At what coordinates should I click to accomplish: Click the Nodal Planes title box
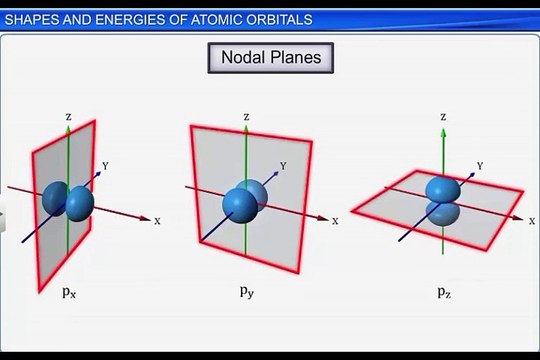pyautogui.click(x=270, y=57)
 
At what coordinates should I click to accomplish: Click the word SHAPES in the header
pyautogui.click(x=31, y=19)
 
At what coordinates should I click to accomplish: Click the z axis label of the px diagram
pyautogui.click(x=68, y=116)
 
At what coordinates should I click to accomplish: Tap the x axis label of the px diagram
pyautogui.click(x=157, y=220)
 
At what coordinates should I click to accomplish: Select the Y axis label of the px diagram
pyautogui.click(x=105, y=167)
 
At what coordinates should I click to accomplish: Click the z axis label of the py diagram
pyautogui.click(x=246, y=117)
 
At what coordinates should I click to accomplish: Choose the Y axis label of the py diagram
pyautogui.click(x=284, y=166)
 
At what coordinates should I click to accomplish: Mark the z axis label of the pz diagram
pyautogui.click(x=443, y=117)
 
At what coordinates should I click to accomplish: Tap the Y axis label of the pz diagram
pyautogui.click(x=481, y=166)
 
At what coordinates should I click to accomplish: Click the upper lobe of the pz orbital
pyautogui.click(x=442, y=189)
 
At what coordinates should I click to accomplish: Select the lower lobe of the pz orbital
pyautogui.click(x=441, y=213)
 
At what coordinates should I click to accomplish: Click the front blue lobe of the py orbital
pyautogui.click(x=240, y=205)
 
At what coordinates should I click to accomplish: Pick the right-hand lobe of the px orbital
pyautogui.click(x=78, y=204)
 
